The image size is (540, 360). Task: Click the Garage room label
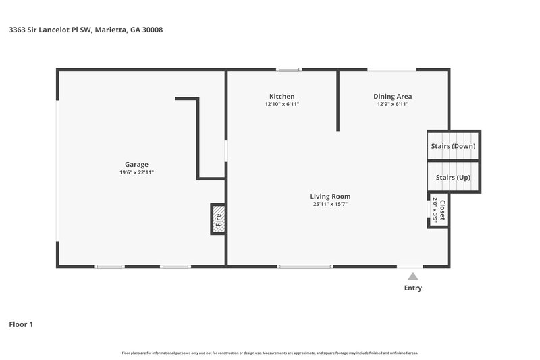(x=136, y=164)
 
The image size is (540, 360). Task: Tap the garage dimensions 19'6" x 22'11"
(x=136, y=173)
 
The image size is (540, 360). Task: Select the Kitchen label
(x=281, y=96)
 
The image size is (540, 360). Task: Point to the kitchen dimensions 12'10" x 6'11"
(x=281, y=105)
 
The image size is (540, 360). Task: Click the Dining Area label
(x=393, y=96)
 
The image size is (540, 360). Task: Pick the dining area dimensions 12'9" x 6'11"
(x=393, y=105)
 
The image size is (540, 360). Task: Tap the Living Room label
(x=330, y=196)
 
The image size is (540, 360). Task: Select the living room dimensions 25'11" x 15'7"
(x=330, y=204)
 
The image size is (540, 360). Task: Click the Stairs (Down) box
(x=453, y=146)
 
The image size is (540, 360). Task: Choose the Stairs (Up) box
(x=453, y=177)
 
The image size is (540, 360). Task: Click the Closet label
(x=442, y=210)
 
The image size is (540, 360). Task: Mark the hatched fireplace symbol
(x=218, y=219)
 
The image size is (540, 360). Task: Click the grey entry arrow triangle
(x=412, y=276)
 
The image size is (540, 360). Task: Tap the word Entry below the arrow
(x=412, y=288)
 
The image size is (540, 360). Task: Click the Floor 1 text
(x=21, y=324)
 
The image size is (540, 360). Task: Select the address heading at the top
(x=86, y=30)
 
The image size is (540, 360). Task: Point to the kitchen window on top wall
(x=290, y=69)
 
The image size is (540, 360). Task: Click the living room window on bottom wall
(x=305, y=267)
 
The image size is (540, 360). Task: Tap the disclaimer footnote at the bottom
(x=269, y=353)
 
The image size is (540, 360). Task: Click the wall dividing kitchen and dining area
(x=337, y=101)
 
